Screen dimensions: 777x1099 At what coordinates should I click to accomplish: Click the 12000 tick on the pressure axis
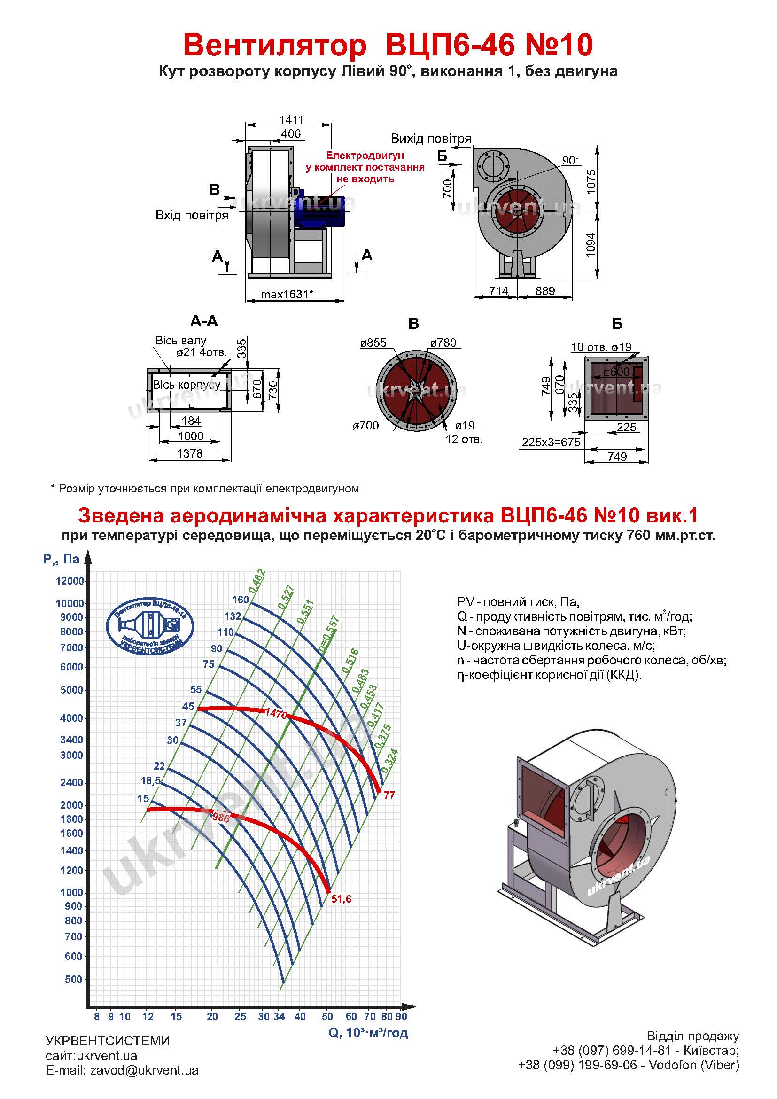click(70, 581)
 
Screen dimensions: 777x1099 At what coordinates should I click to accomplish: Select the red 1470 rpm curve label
click(276, 715)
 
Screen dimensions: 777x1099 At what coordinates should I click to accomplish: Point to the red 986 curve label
click(221, 818)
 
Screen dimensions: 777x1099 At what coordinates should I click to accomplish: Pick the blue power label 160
click(241, 600)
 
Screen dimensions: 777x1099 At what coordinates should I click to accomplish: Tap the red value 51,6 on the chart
click(341, 899)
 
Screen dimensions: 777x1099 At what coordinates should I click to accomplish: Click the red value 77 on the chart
click(389, 795)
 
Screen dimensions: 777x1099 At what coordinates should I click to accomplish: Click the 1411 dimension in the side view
click(291, 119)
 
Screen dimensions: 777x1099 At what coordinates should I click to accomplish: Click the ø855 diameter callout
click(373, 343)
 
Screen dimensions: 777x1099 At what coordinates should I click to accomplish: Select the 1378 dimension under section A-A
click(190, 453)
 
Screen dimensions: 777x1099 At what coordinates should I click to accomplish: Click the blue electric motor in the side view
click(318, 211)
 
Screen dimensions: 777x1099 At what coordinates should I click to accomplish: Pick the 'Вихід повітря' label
click(431, 139)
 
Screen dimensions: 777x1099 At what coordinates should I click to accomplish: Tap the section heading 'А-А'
click(204, 321)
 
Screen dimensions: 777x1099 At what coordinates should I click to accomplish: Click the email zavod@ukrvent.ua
click(144, 1070)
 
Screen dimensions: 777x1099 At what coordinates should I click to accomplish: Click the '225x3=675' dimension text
click(551, 442)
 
